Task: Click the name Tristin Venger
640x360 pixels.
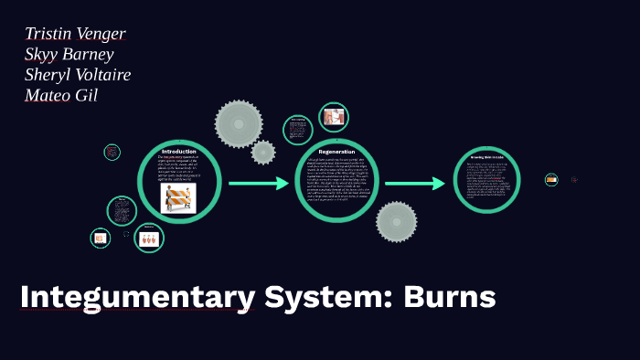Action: (x=76, y=34)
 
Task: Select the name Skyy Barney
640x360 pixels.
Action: (x=69, y=54)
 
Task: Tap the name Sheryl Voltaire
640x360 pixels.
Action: (x=78, y=74)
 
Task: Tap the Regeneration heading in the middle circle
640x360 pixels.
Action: (x=336, y=151)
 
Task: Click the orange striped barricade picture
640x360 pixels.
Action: (x=178, y=198)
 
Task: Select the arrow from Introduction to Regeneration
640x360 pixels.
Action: (x=258, y=184)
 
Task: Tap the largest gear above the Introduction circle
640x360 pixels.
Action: (x=239, y=123)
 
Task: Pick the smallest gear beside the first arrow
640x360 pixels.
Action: (x=263, y=153)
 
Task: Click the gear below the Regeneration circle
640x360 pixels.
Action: (x=396, y=222)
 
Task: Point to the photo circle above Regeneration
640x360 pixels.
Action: (x=333, y=117)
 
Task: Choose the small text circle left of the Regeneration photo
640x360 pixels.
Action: (x=298, y=130)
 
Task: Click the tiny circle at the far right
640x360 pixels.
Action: (x=551, y=180)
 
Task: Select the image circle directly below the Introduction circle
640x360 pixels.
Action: (x=149, y=238)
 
